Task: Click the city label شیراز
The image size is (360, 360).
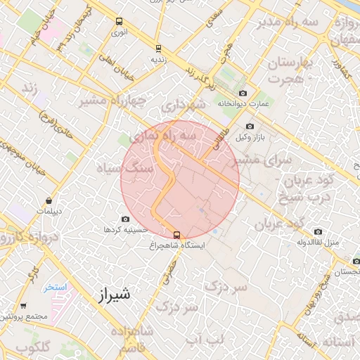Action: (111, 293)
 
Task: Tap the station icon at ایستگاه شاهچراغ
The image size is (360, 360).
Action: (176, 236)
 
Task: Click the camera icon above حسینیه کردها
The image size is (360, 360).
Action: (126, 219)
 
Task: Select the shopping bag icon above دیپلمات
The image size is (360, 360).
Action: (49, 200)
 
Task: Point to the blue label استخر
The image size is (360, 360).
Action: (54, 287)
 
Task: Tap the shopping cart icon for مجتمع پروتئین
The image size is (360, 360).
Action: (24, 306)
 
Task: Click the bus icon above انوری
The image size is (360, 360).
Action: (119, 21)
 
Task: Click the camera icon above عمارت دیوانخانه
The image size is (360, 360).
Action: (243, 93)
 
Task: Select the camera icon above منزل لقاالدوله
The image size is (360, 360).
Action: (319, 231)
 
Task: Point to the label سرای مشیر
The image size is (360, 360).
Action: (269, 160)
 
